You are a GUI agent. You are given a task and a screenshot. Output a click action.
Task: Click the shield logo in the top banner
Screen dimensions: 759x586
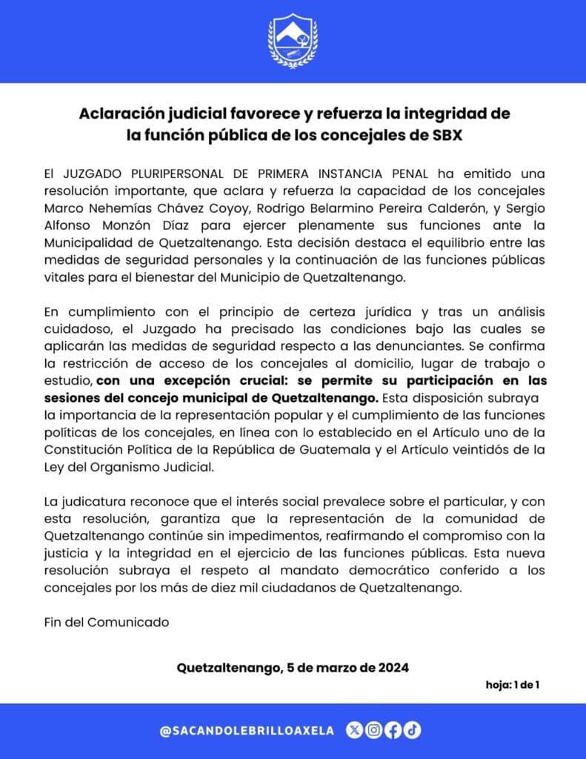(x=293, y=42)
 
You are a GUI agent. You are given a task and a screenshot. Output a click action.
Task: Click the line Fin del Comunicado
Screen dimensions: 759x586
(x=106, y=622)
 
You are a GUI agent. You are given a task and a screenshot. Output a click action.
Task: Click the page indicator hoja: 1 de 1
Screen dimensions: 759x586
(x=512, y=684)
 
